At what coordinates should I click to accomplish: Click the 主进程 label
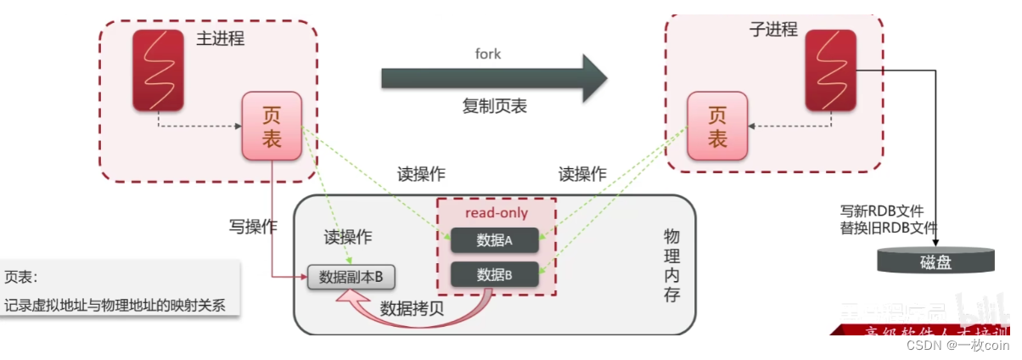point(220,38)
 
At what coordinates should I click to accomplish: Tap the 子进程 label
point(772,30)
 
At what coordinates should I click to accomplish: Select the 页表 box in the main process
point(272,127)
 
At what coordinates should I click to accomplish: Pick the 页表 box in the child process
point(717,127)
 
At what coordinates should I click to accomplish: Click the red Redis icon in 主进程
point(158,70)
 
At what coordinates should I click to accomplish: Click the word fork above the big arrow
point(487,54)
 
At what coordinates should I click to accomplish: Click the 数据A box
point(494,240)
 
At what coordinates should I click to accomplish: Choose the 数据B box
point(494,274)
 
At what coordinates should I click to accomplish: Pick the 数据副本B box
point(351,277)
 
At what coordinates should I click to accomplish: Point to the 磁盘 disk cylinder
point(935,260)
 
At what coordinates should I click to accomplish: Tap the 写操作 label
point(252,227)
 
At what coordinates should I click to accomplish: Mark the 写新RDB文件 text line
point(883,211)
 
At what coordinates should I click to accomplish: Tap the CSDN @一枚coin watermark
point(957,345)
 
